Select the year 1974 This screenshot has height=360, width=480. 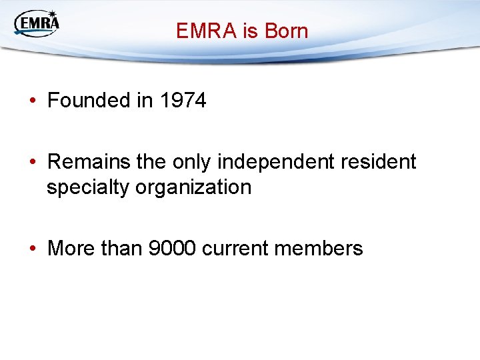coord(182,101)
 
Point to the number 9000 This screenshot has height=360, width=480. coord(172,249)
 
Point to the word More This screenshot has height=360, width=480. coord(71,249)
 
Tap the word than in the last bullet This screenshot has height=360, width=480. coord(121,249)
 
